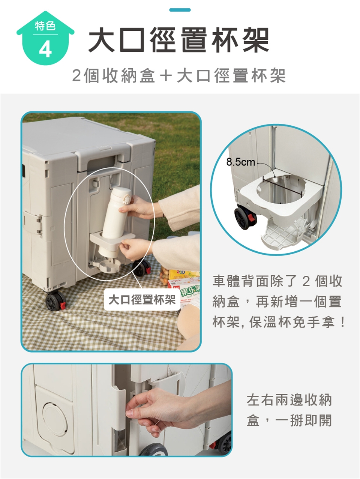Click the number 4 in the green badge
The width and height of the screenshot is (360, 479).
point(45,50)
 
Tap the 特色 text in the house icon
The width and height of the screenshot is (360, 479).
point(45,26)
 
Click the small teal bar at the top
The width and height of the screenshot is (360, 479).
point(180,10)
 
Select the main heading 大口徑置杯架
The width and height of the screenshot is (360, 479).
point(179,40)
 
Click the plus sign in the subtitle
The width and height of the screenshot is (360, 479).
point(166,76)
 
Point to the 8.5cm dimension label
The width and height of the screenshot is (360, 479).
point(240,162)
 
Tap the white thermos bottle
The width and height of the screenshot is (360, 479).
point(115,222)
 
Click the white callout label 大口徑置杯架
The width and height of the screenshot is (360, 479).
point(142,299)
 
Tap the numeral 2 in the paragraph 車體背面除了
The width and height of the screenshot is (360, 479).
point(306,281)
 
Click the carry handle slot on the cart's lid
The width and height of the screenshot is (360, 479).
point(101,162)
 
